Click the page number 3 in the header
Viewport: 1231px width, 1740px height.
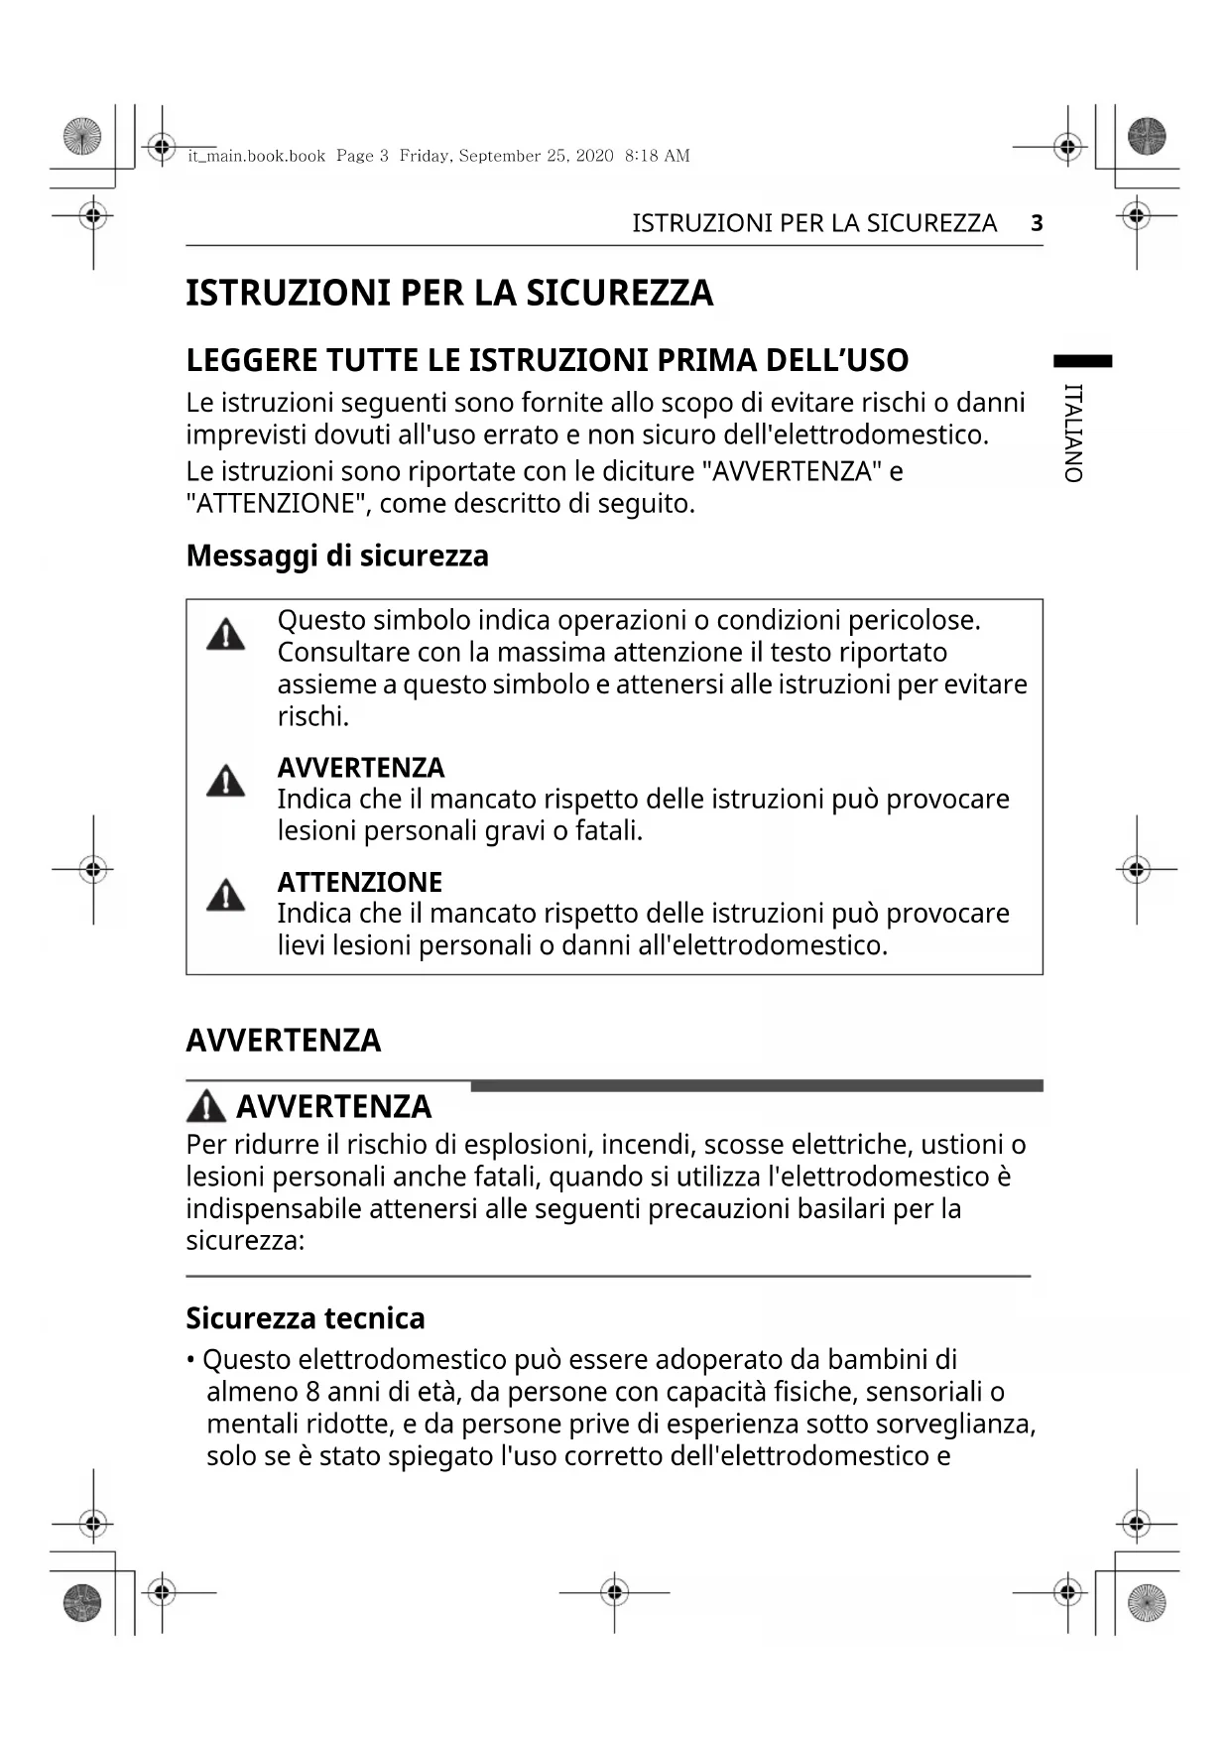tap(1037, 223)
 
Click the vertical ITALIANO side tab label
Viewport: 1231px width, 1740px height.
tap(1072, 434)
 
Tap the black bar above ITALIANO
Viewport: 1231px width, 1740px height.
tap(1082, 361)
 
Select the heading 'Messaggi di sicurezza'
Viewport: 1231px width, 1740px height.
tap(337, 556)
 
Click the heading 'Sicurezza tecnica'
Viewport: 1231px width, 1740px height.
tap(306, 1318)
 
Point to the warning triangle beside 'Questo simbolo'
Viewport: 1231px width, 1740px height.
tap(226, 635)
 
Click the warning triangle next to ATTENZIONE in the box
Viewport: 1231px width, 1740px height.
tap(226, 896)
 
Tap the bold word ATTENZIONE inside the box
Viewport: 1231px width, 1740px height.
tap(359, 882)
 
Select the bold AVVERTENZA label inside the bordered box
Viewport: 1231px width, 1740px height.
tap(361, 768)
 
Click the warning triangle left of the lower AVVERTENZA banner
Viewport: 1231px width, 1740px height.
tap(206, 1106)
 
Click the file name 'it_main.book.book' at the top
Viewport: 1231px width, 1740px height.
tap(257, 156)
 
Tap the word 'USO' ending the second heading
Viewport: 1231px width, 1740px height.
tap(876, 360)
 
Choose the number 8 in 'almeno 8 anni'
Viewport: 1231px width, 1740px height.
tap(312, 1392)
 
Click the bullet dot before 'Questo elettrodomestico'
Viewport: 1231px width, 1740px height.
tap(190, 1360)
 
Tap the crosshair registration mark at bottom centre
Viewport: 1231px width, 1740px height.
tap(615, 1593)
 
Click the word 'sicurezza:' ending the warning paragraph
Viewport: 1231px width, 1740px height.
tap(245, 1241)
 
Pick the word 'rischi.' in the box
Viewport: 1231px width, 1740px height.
tap(313, 716)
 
